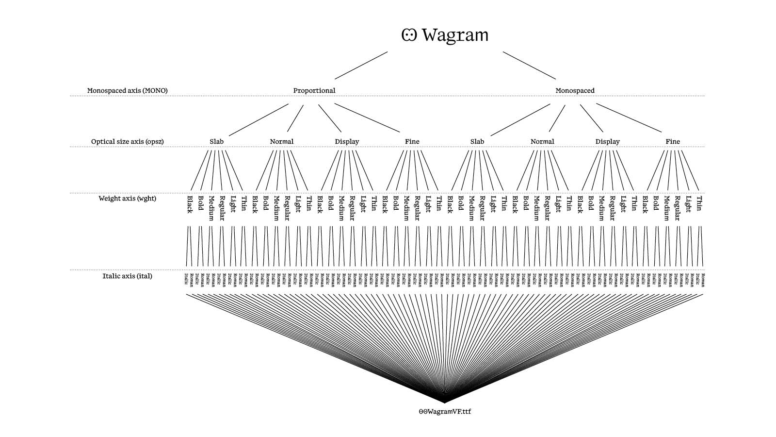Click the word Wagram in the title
coord(455,35)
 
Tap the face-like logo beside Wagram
coord(409,35)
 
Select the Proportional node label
coord(314,90)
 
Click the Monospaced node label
coord(575,90)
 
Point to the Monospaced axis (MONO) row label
coord(127,90)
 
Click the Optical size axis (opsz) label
coord(127,141)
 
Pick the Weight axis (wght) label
coord(127,198)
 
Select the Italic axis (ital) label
coord(127,276)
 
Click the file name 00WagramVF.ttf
coord(444,411)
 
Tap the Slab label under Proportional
coord(216,141)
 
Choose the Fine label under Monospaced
coord(672,141)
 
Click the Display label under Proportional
coord(347,141)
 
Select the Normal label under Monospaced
coord(542,141)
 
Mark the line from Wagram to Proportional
coord(361,65)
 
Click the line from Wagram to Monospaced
coord(529,65)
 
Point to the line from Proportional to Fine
coord(367,118)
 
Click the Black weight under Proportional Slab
coord(190,204)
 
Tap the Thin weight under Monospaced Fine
coord(699,203)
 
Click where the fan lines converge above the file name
coord(444,401)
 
